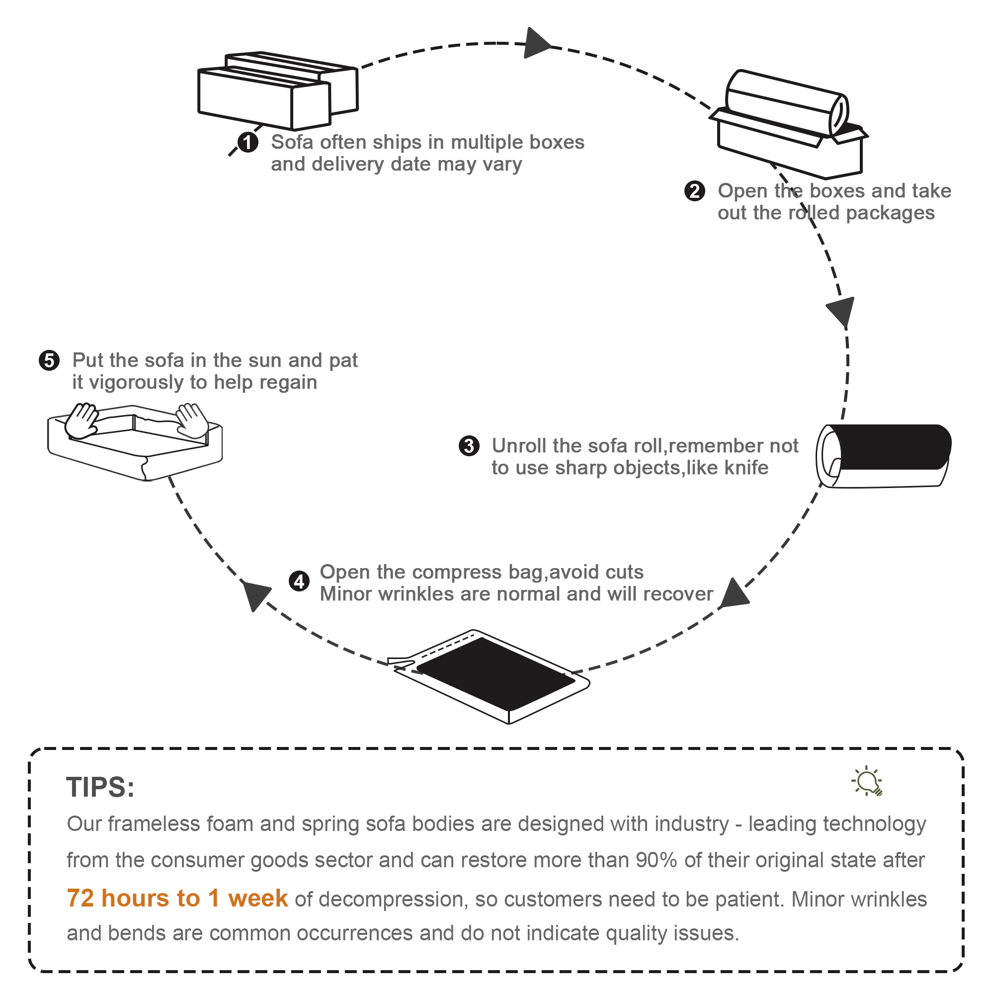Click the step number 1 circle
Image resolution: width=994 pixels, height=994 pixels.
[248, 143]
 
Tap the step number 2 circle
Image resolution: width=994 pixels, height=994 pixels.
[695, 191]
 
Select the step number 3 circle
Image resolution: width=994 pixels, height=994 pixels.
[469, 445]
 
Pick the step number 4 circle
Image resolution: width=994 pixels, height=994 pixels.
[299, 582]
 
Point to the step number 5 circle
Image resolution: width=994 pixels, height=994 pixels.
[49, 360]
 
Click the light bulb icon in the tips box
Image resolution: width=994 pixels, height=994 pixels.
[867, 780]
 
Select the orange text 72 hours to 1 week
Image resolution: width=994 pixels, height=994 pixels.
[177, 898]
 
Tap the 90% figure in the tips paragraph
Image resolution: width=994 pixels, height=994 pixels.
[656, 860]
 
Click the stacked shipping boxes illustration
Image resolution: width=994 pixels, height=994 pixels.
[278, 90]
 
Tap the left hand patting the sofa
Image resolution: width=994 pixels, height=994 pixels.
[83, 420]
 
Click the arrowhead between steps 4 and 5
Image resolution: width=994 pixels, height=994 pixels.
[255, 594]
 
